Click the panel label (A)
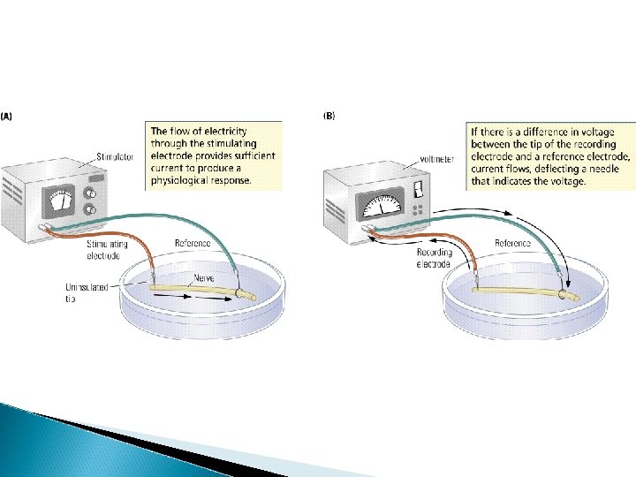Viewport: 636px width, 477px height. pos(6,114)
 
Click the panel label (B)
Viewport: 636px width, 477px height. pos(329,114)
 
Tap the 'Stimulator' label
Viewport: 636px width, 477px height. pos(114,157)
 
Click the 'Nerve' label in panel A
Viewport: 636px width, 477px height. pos(203,279)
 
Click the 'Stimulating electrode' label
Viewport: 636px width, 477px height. pos(107,249)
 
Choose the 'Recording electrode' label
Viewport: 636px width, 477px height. pos(434,258)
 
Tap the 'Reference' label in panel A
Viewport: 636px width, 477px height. pos(192,243)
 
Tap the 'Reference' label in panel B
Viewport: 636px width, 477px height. pos(512,243)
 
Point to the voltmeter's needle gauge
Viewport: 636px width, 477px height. pos(381,208)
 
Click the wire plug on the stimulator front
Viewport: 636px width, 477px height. pos(46,228)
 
